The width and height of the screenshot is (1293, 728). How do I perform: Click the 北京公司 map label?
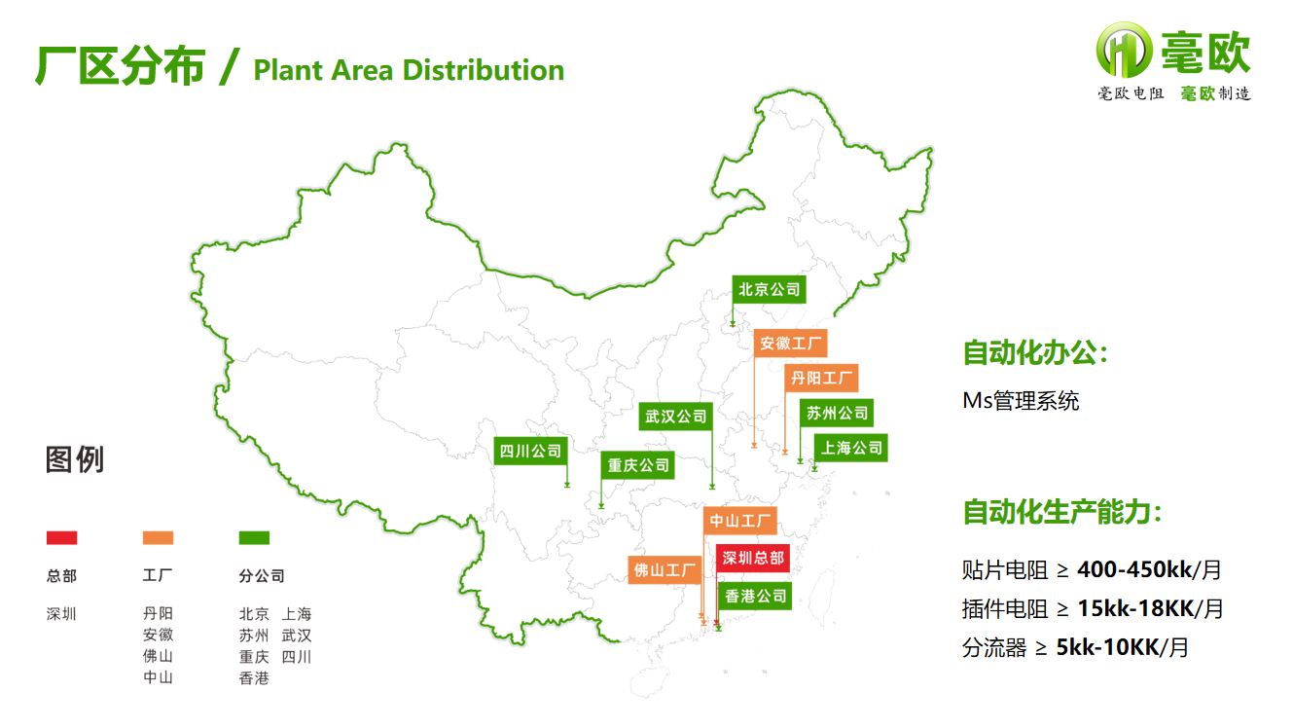(770, 289)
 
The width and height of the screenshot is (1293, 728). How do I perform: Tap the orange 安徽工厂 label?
(792, 344)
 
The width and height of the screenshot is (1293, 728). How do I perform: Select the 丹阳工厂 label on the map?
(822, 378)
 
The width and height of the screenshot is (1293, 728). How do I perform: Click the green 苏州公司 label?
(837, 413)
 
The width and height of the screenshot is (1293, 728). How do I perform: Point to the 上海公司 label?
(851, 448)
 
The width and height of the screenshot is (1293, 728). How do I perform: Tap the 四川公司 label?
(531, 451)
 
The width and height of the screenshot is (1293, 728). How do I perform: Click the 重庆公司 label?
(639, 465)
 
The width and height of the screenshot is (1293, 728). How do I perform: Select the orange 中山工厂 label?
(740, 521)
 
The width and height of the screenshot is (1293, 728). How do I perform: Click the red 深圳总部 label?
(751, 558)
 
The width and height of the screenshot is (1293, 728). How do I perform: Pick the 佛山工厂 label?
(665, 569)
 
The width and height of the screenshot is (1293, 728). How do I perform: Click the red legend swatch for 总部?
(61, 537)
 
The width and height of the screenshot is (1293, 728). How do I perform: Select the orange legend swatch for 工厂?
(158, 537)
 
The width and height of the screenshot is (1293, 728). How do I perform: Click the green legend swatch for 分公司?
(254, 537)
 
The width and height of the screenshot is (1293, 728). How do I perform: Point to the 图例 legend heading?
(75, 459)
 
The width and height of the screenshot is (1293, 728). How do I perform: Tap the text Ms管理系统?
(1021, 401)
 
